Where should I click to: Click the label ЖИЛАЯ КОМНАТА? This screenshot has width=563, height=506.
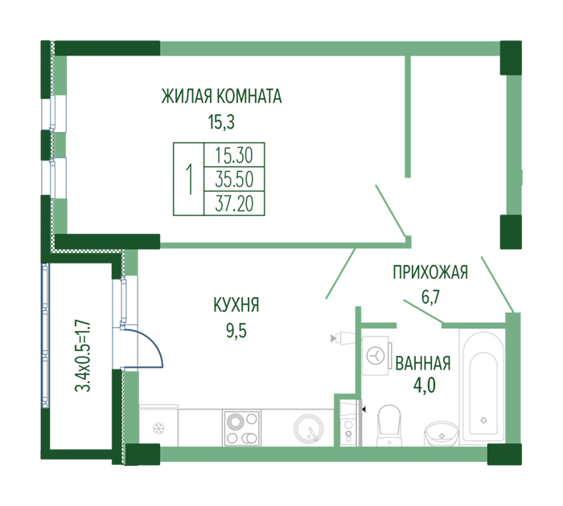(221, 96)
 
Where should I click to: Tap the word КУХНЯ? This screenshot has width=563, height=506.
(236, 305)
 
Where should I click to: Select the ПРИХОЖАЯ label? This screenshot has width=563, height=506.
(430, 272)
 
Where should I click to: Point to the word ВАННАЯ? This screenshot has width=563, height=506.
(422, 363)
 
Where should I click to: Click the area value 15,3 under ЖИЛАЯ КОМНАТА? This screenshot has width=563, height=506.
(221, 122)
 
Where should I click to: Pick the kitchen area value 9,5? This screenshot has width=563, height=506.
(236, 330)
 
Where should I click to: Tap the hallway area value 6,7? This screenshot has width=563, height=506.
(430, 297)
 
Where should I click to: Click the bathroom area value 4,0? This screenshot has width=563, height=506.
(425, 386)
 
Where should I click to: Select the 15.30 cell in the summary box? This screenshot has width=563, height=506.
(234, 155)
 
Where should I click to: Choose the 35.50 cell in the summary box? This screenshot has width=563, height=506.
(234, 179)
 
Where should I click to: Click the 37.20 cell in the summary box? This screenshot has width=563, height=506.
(234, 203)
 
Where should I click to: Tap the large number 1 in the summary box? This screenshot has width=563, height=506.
(189, 179)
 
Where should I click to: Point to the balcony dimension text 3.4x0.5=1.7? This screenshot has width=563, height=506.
(83, 355)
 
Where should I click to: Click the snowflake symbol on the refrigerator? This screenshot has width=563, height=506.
(158, 428)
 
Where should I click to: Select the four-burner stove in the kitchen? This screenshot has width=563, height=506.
(241, 428)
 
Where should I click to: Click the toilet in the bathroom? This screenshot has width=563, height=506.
(388, 426)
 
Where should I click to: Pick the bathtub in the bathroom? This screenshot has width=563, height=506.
(483, 388)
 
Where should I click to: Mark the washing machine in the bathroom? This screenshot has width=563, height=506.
(376, 356)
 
